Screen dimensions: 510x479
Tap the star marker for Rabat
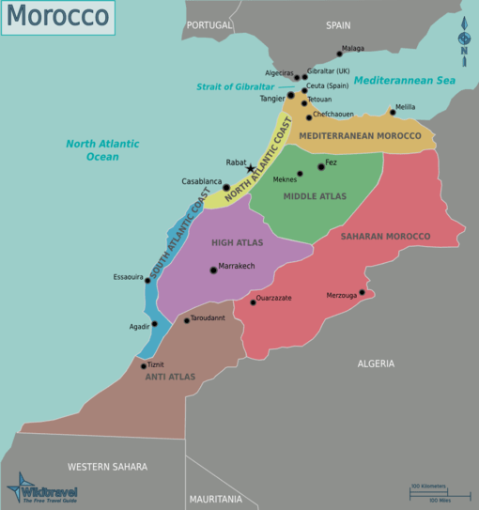point(250,169)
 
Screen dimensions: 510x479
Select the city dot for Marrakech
point(213,270)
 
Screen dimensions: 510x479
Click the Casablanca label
point(202,181)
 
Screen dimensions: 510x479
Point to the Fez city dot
point(321,166)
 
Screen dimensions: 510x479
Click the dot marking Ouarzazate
point(253,301)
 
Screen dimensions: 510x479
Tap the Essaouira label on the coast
point(128,277)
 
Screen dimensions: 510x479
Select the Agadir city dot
point(155,325)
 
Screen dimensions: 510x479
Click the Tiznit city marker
point(144,365)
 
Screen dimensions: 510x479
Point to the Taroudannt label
point(208,318)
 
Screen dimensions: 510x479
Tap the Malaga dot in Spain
point(339,53)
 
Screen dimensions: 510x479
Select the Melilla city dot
point(393,113)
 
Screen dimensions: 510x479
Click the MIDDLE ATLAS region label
point(315,196)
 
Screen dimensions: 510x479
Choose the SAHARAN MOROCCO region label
point(385,237)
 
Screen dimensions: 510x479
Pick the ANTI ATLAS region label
point(170,377)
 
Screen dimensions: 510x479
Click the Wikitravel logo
point(42,491)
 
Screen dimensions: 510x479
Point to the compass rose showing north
point(463,39)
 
